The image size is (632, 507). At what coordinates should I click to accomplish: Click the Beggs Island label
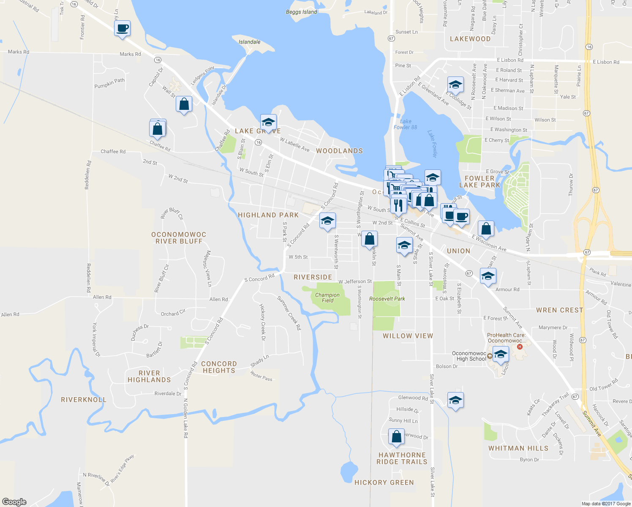(x=301, y=12)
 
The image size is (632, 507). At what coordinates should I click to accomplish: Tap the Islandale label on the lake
(x=249, y=42)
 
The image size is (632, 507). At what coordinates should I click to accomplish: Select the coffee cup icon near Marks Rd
(x=122, y=29)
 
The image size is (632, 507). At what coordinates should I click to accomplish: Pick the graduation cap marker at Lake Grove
(x=268, y=123)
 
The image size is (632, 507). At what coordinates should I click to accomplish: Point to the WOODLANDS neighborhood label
(x=339, y=151)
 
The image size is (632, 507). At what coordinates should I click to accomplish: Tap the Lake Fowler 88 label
(x=405, y=124)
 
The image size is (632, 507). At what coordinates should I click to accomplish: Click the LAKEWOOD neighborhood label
(x=470, y=39)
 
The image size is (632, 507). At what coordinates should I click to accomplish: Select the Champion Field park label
(x=327, y=298)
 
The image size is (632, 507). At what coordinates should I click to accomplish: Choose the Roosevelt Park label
(x=387, y=299)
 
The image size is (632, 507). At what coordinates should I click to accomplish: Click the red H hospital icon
(x=520, y=347)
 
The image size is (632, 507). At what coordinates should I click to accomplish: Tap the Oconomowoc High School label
(x=469, y=356)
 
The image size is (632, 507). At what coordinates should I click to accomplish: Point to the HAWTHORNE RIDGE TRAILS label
(x=402, y=458)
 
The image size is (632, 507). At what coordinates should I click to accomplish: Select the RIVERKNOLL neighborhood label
(x=84, y=400)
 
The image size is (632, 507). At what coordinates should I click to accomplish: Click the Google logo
(x=14, y=502)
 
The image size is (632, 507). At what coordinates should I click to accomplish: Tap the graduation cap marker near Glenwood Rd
(x=455, y=401)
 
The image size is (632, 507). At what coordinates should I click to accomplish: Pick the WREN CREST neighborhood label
(x=559, y=310)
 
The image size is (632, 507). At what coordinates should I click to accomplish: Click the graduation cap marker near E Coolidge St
(x=455, y=85)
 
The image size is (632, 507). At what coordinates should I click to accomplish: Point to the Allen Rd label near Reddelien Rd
(x=102, y=297)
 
